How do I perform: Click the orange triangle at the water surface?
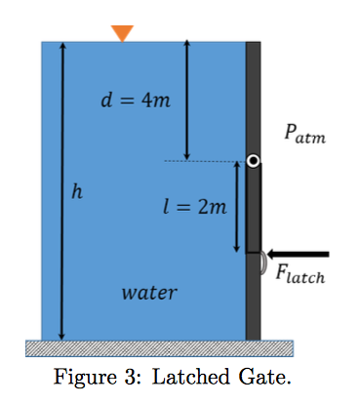pyautogui.click(x=121, y=32)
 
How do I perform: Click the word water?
pyautogui.click(x=149, y=292)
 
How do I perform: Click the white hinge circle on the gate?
pyautogui.click(x=253, y=161)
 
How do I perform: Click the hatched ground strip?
pyautogui.click(x=160, y=346)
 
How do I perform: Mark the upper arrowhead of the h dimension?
pyautogui.click(x=62, y=48)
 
